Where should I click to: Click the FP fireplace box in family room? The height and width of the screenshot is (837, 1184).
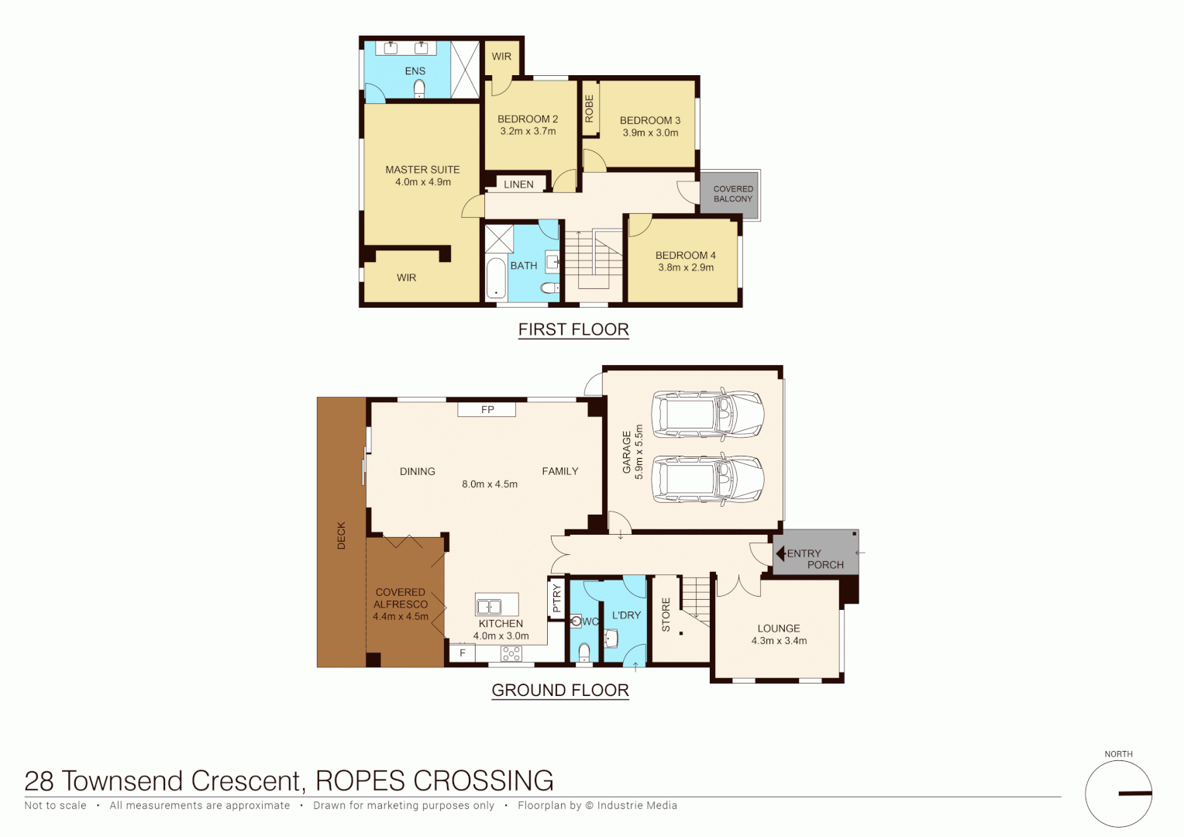click(487, 410)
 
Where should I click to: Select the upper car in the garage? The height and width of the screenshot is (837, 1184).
click(707, 414)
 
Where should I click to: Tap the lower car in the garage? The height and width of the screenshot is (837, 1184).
click(707, 479)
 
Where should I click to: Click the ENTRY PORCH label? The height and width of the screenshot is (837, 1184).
click(814, 559)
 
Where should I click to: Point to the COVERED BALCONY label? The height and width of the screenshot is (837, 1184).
click(733, 194)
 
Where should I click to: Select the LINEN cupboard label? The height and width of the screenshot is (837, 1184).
click(518, 184)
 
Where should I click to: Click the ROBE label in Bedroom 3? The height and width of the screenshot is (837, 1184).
click(589, 108)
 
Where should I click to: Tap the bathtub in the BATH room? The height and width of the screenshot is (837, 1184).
click(496, 280)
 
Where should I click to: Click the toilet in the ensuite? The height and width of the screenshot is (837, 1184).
click(419, 88)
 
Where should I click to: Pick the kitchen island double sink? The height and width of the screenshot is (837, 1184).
click(489, 606)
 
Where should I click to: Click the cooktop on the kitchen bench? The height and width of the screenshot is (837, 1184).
click(511, 653)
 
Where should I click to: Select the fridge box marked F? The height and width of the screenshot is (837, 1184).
click(463, 653)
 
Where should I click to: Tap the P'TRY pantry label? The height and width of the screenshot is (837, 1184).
click(556, 598)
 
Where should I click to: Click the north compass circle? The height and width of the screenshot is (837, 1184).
click(1118, 794)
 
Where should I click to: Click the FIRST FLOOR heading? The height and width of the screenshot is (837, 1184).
click(573, 329)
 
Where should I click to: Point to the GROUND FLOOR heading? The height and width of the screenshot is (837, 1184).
click(560, 691)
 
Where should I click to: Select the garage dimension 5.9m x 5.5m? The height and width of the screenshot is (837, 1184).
click(639, 452)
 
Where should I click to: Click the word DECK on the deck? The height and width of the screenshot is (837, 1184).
click(342, 536)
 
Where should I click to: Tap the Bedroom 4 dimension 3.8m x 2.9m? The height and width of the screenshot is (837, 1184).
click(686, 267)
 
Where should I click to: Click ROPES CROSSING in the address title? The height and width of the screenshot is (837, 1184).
click(434, 780)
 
